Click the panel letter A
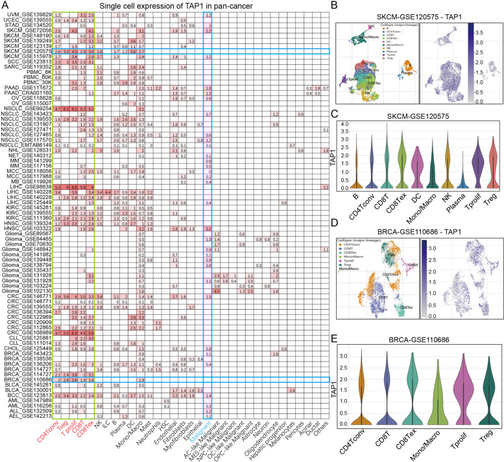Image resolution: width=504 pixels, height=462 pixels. coord(5,6)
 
